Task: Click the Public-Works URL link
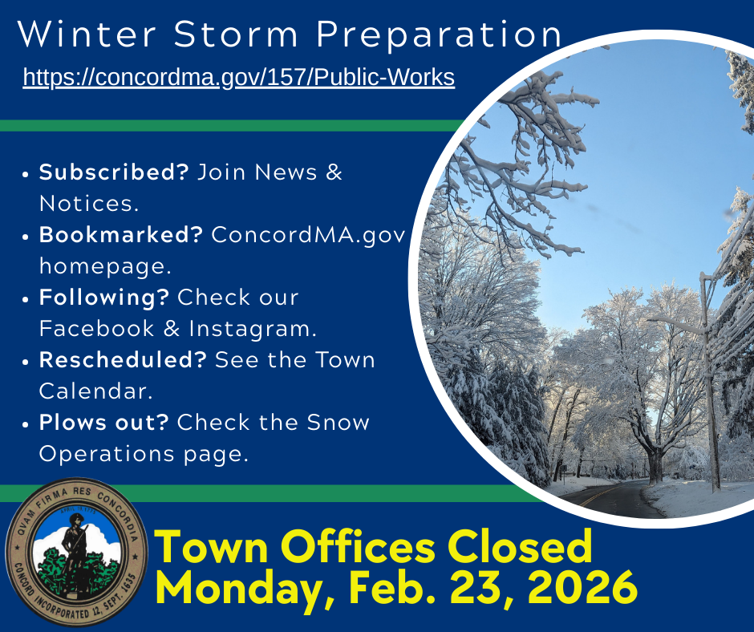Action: (238, 77)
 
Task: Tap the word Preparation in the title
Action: (439, 35)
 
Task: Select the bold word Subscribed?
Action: (113, 172)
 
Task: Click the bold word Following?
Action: (104, 298)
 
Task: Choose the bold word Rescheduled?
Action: (123, 360)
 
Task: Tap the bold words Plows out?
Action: (104, 423)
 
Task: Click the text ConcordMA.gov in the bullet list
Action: (308, 235)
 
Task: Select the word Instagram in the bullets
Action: (265, 329)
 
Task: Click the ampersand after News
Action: (334, 172)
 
